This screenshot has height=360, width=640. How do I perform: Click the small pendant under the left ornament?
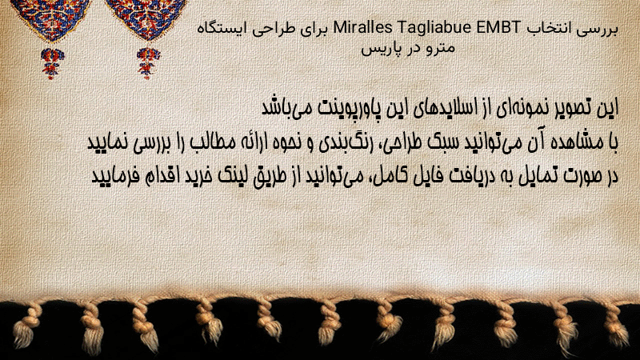coord(52,63)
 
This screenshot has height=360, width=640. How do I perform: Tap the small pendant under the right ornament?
coord(148,63)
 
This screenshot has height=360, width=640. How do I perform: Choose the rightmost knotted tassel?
coord(615,325)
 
